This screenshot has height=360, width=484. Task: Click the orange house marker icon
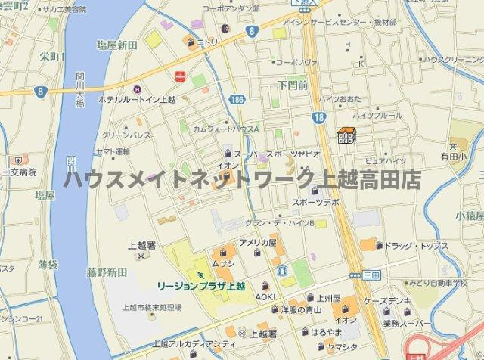click(347, 135)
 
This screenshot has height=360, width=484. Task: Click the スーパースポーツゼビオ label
click(277, 154)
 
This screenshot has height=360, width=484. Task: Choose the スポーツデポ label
click(315, 203)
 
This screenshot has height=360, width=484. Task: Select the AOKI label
click(265, 297)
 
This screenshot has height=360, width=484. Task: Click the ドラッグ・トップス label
click(417, 247)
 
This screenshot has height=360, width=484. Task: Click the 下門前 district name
click(292, 85)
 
